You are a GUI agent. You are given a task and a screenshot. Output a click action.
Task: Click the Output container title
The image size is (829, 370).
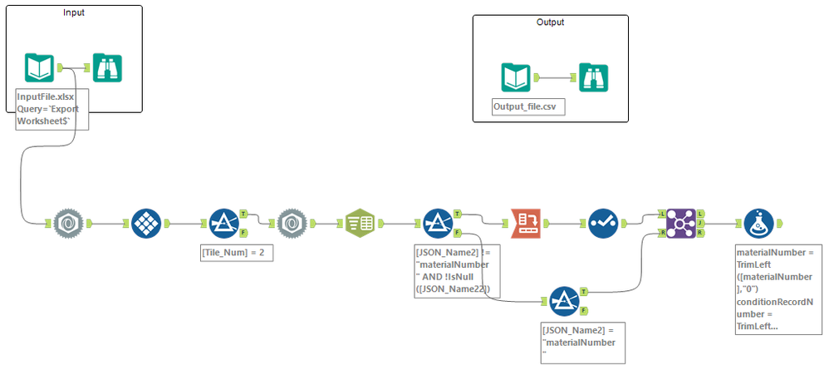(550, 22)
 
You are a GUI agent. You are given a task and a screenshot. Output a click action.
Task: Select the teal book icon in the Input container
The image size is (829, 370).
(40, 67)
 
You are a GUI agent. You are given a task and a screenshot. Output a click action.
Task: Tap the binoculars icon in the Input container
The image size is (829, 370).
(107, 67)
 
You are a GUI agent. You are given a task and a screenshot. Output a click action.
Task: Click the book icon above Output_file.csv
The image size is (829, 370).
(516, 77)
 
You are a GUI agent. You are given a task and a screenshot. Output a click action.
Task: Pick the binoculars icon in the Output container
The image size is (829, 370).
(594, 77)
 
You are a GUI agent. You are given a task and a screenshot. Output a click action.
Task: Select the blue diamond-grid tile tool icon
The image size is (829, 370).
(146, 224)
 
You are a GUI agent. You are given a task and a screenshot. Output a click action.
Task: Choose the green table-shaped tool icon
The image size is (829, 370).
(360, 224)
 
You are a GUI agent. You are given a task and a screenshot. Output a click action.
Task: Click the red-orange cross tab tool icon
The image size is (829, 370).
(525, 224)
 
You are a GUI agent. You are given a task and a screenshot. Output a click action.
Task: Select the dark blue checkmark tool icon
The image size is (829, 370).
(604, 224)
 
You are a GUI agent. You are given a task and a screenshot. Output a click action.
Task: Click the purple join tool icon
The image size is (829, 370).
(681, 224)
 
